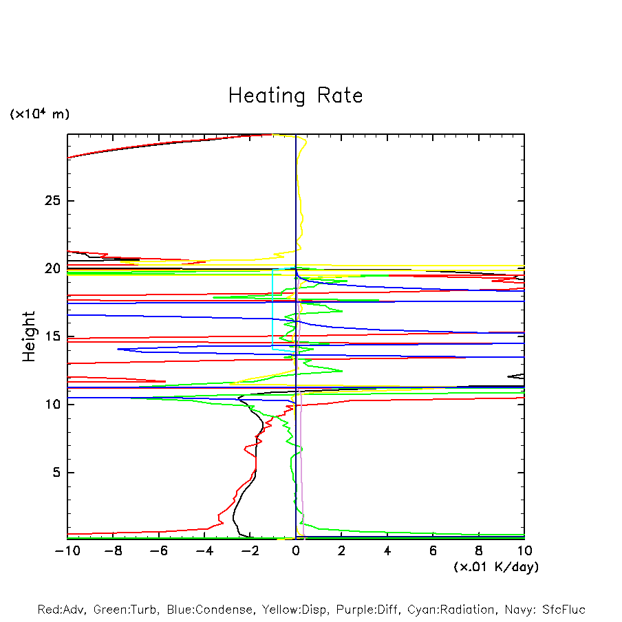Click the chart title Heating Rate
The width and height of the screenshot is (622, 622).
point(295,96)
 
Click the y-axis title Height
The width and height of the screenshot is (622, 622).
point(29,336)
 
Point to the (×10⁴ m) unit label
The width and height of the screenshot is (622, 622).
point(39,114)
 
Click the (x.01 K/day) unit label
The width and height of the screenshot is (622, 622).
point(495,567)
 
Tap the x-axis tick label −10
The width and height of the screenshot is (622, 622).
point(67,550)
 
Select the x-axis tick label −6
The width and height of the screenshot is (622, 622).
point(158,550)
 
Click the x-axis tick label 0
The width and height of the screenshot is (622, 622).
point(296,550)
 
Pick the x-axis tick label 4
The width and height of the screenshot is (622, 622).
point(387,550)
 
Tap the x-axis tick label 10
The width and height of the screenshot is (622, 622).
point(524,550)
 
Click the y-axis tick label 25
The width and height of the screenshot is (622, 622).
point(54,201)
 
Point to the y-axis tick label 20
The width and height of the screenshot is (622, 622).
point(54,268)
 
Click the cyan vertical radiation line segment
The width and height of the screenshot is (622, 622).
point(273,310)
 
